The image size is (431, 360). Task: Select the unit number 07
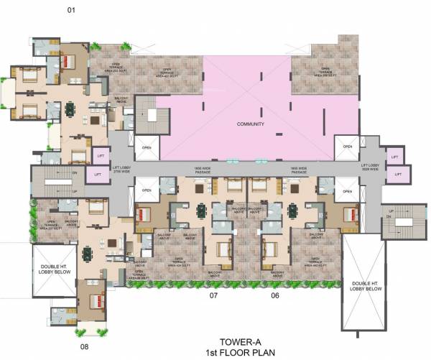click(213, 295)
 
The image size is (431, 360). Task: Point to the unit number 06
click(274, 295)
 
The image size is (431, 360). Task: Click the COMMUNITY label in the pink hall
click(251, 124)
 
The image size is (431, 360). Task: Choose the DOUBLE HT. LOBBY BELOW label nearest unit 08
click(51, 271)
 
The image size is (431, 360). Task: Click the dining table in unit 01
click(70, 109)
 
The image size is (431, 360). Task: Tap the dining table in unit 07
click(202, 211)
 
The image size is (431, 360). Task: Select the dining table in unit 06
click(292, 211)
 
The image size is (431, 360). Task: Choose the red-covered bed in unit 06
click(350, 214)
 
